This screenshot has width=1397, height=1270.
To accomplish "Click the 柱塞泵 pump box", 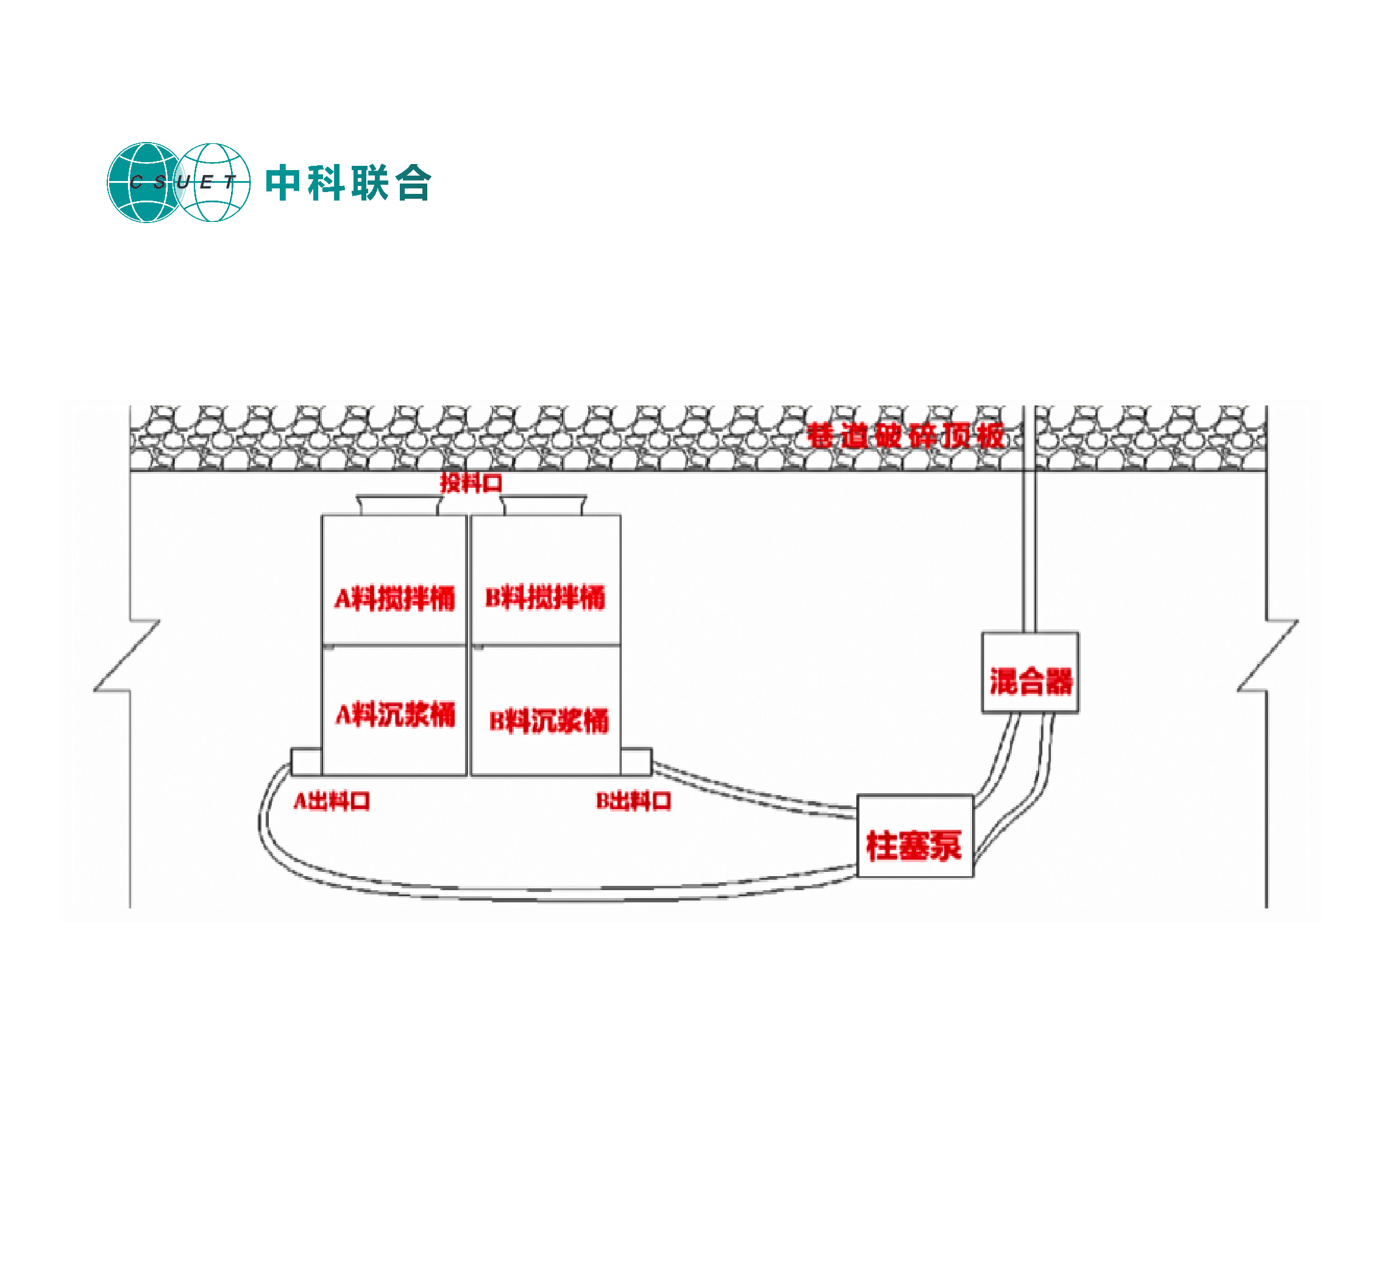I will [x=915, y=835].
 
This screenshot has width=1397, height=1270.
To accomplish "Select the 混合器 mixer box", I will [x=1029, y=672].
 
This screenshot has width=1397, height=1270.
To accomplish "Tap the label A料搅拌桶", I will [x=394, y=598].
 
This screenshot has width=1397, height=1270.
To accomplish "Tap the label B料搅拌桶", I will [x=545, y=597].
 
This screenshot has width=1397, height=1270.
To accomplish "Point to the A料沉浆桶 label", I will [x=395, y=714].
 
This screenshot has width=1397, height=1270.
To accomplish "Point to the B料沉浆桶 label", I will [x=548, y=720].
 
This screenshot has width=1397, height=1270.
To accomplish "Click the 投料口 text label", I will [x=471, y=482].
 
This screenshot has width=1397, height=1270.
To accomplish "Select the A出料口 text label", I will [x=331, y=801].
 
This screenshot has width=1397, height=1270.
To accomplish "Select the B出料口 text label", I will [x=633, y=801].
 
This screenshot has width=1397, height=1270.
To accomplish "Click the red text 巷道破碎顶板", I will [x=905, y=435].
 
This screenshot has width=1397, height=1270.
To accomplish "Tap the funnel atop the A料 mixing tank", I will [x=399, y=505].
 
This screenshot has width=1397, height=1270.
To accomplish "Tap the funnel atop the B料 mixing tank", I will [x=544, y=505].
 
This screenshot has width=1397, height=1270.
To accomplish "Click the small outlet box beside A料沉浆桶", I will [x=305, y=761].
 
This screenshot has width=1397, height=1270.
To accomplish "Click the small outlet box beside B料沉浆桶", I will [x=636, y=761].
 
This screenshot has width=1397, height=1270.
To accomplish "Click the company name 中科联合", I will [x=349, y=183].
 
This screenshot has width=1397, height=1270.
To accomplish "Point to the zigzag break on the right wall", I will [x=1269, y=655].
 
